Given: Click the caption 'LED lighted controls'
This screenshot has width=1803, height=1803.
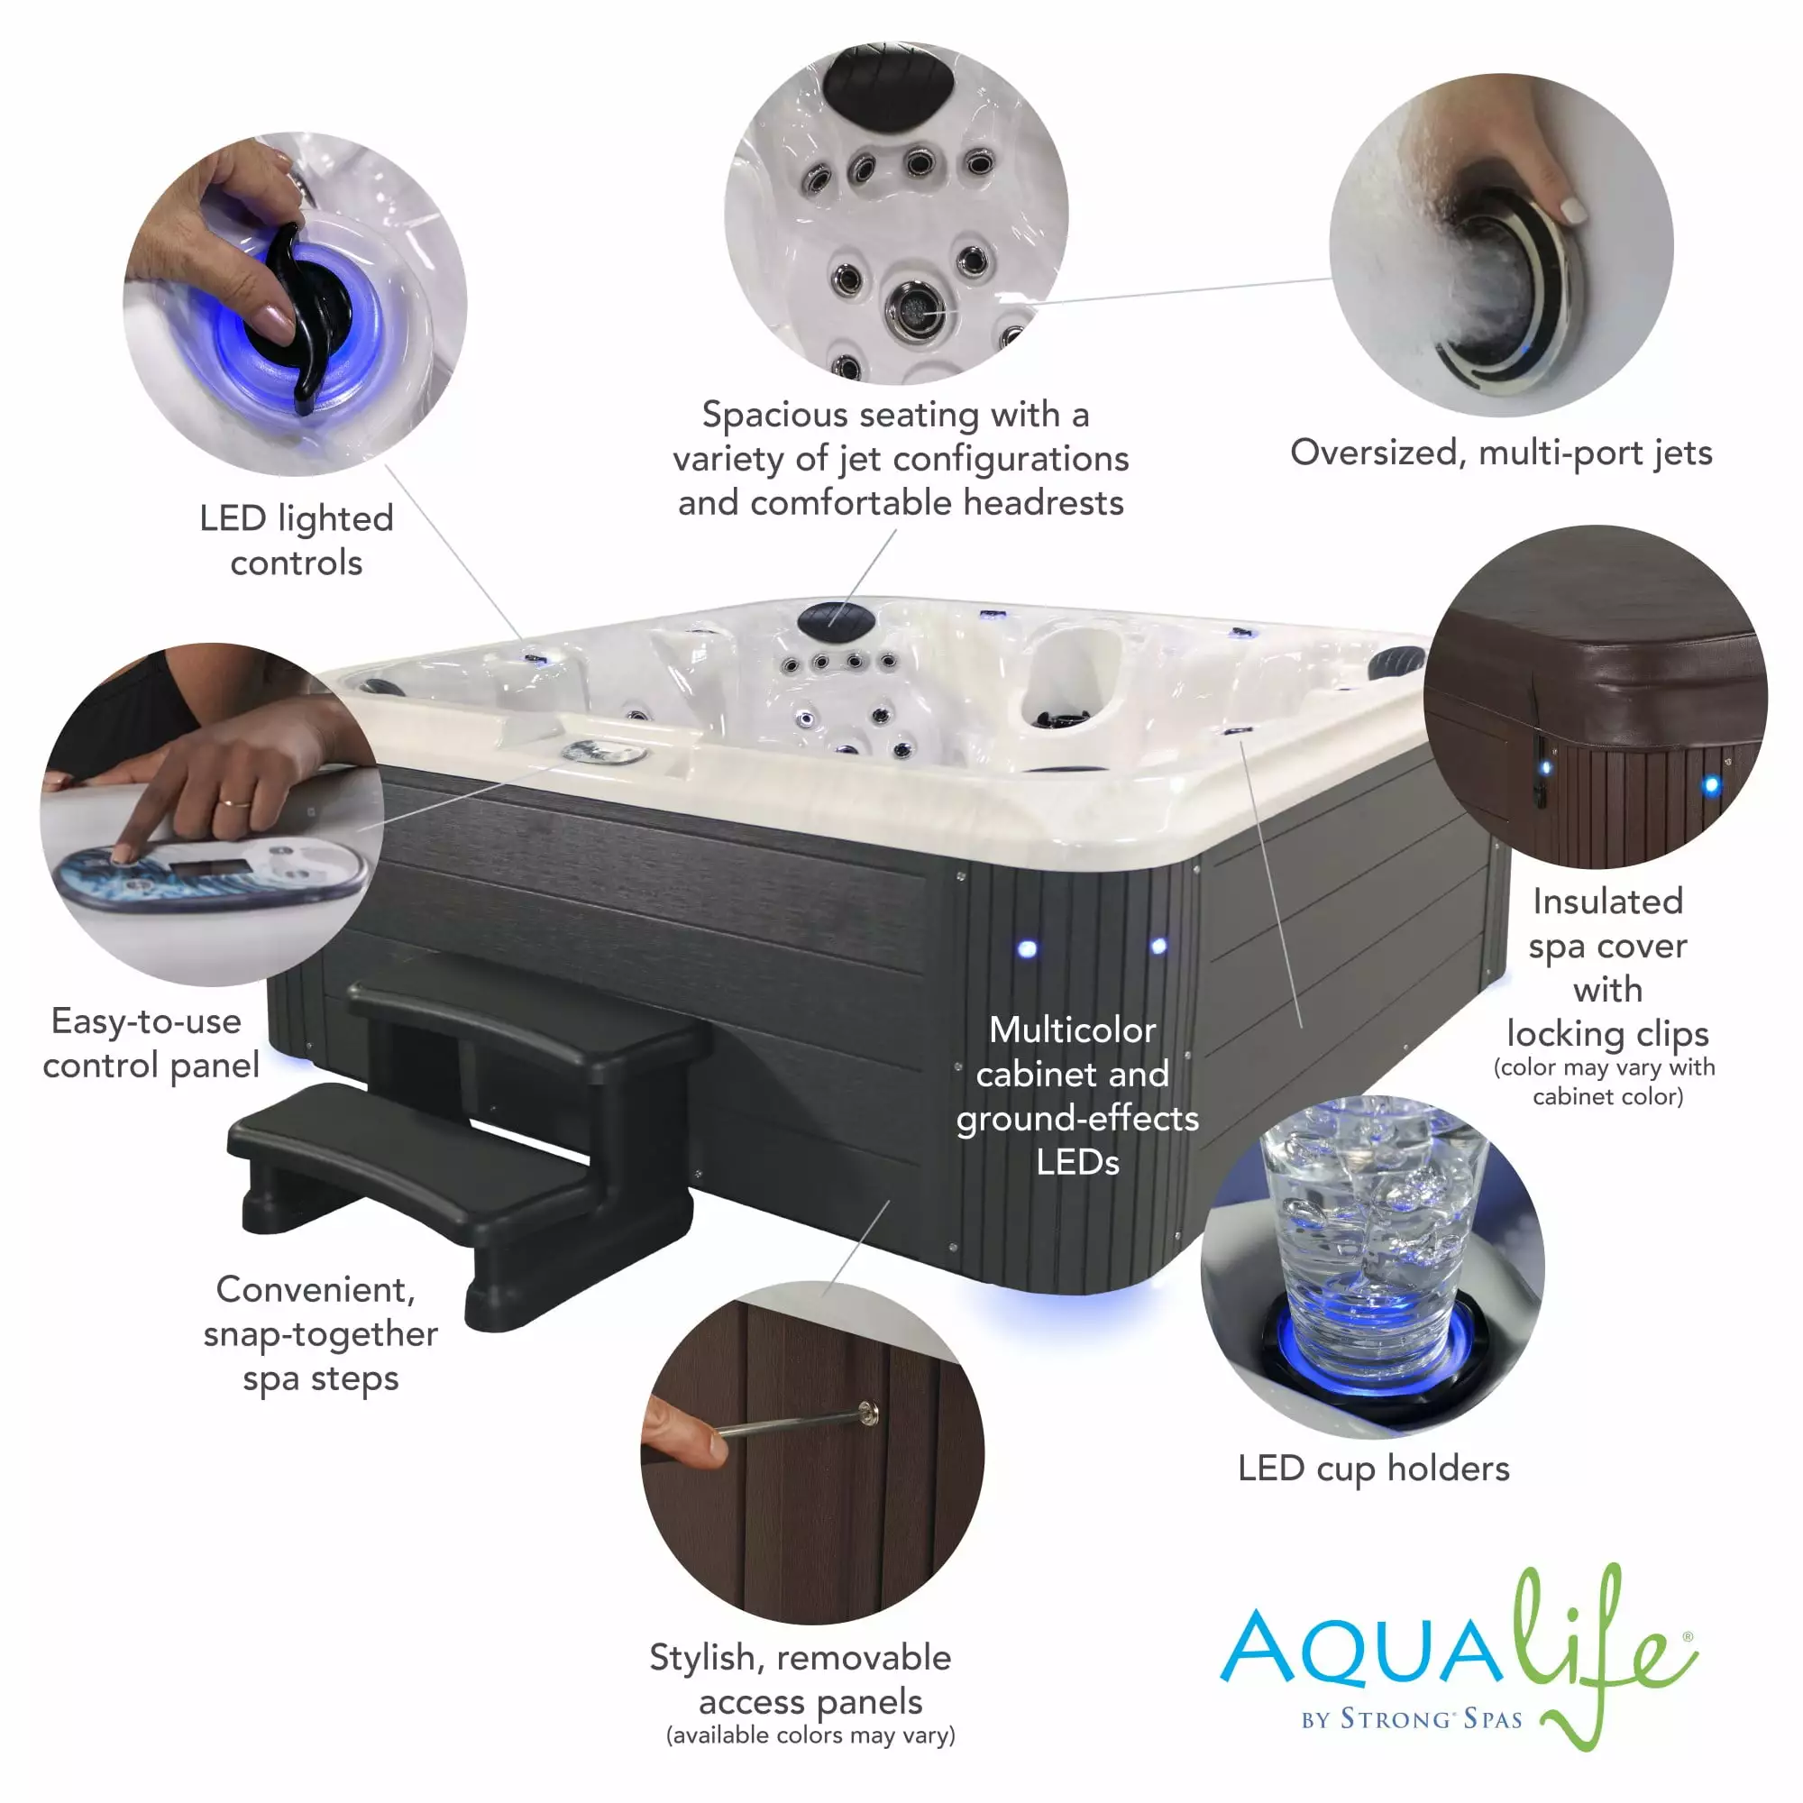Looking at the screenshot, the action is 296,540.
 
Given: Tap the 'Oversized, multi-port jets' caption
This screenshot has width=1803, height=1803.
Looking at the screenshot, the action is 1501,453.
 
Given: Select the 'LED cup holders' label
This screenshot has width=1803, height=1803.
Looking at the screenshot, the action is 1373,1469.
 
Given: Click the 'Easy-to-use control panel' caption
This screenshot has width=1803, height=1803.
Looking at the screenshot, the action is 151,1043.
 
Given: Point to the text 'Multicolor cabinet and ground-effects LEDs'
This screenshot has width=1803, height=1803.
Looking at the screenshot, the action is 1076,1096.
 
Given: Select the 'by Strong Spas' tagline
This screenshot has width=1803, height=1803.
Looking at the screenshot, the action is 1412,1719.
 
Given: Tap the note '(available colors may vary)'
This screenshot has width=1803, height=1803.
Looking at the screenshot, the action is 810,1734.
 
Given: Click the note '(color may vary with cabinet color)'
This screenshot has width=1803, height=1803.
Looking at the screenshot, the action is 1605,1081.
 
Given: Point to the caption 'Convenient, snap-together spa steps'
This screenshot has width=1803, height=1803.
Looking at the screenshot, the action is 320,1334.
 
